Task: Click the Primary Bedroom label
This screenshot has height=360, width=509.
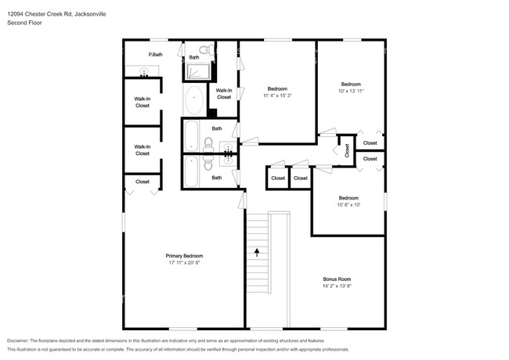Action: (x=184, y=256)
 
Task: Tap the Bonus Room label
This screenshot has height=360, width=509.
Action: (x=337, y=279)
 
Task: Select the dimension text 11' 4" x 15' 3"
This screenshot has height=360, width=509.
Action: (x=277, y=95)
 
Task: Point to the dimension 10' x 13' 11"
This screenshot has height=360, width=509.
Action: (x=351, y=91)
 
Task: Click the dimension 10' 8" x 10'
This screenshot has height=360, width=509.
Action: (x=348, y=204)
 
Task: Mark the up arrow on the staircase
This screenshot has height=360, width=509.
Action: (x=257, y=252)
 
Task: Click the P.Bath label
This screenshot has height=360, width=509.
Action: (x=155, y=55)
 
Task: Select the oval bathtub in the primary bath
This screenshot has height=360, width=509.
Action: (x=194, y=100)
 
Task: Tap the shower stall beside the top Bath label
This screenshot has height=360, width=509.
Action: (x=197, y=72)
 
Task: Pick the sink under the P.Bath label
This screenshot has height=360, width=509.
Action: (x=143, y=71)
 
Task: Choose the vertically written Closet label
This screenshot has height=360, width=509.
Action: (x=347, y=151)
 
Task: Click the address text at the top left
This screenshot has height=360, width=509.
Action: (x=56, y=14)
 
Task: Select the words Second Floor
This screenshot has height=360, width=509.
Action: (x=24, y=23)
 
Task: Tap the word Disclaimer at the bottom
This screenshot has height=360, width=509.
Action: (x=18, y=340)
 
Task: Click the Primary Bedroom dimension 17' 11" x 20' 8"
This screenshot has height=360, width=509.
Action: (x=184, y=263)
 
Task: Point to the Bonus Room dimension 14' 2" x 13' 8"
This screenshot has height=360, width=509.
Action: (x=337, y=286)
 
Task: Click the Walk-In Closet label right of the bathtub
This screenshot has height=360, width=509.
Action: (x=224, y=94)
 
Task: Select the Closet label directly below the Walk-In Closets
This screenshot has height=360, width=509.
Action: (x=143, y=182)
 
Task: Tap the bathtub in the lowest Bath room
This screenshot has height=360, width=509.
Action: (x=191, y=171)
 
